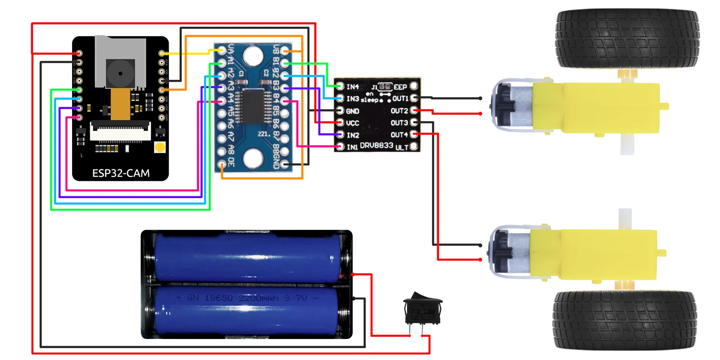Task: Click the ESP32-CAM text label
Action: pyautogui.click(x=121, y=173)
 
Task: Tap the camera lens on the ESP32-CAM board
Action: pyautogui.click(x=120, y=73)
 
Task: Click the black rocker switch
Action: pyautogui.click(x=423, y=308)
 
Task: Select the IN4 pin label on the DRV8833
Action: pyautogui.click(x=353, y=87)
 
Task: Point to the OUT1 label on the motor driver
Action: pyautogui.click(x=400, y=99)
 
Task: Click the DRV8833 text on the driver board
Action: pyautogui.click(x=377, y=146)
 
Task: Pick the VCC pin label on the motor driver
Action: pyautogui.click(x=352, y=123)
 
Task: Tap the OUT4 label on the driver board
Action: pyautogui.click(x=399, y=135)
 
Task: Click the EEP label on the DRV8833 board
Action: pyautogui.click(x=400, y=87)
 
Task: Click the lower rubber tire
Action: pyautogui.click(x=625, y=320)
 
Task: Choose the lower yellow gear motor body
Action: pyautogui.click(x=593, y=254)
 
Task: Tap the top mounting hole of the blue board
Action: pyautogui.click(x=253, y=55)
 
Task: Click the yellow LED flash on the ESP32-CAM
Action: pyautogui.click(x=160, y=147)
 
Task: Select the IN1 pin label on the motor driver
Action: pyautogui.click(x=352, y=147)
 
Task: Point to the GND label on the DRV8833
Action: pyautogui.click(x=352, y=111)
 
